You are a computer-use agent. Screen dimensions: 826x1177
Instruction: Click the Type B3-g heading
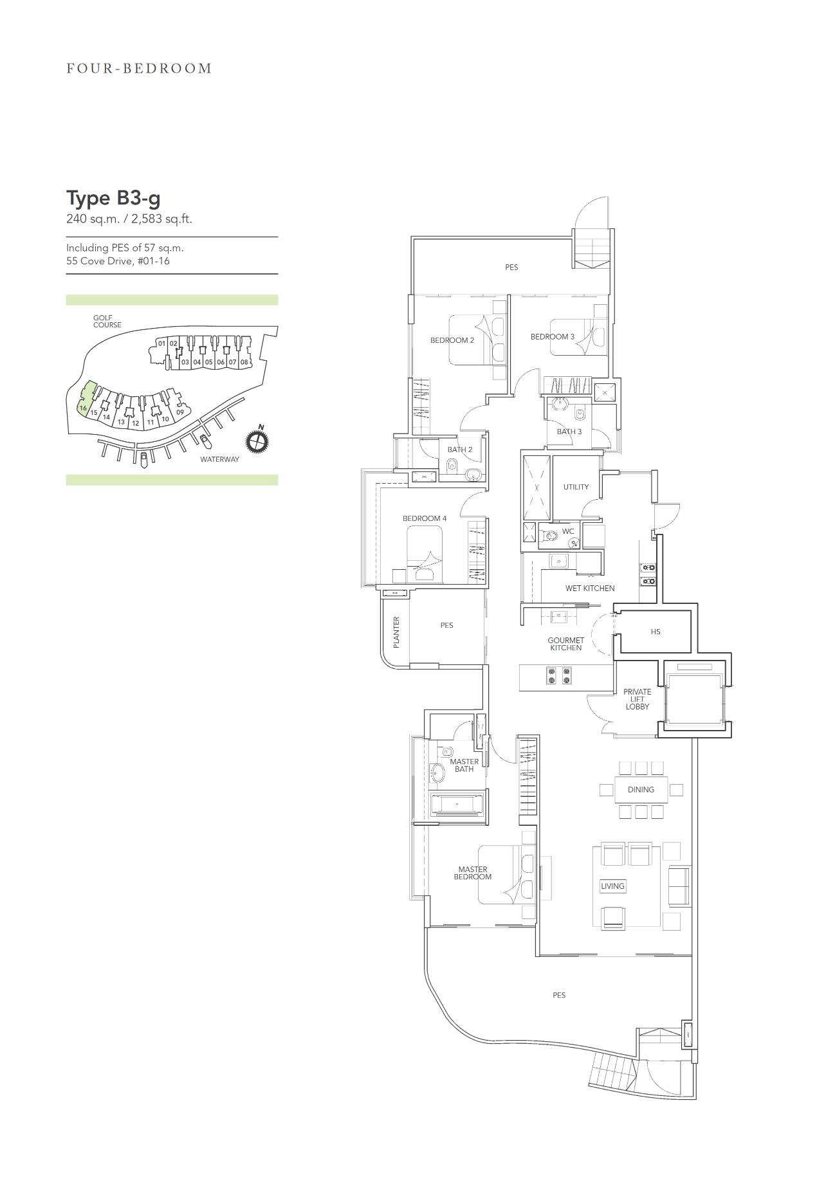(x=114, y=199)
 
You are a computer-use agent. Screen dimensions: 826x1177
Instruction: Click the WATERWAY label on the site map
(x=219, y=459)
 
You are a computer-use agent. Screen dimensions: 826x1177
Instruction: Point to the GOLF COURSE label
(x=107, y=322)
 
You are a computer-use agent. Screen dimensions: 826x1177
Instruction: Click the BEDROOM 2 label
(x=452, y=340)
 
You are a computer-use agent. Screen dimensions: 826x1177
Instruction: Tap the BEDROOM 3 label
(x=553, y=336)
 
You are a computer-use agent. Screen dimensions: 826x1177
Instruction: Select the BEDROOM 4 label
(x=425, y=518)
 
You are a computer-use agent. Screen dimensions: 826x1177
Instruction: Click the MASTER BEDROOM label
(x=473, y=873)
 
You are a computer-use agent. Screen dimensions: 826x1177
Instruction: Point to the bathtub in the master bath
(x=456, y=804)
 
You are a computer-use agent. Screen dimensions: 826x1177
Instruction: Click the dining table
(x=641, y=789)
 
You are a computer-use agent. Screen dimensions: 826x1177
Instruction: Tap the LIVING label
(x=612, y=886)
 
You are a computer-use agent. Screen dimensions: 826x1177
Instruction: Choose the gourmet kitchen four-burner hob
(x=558, y=675)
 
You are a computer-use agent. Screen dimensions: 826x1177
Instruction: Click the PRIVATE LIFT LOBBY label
(x=637, y=699)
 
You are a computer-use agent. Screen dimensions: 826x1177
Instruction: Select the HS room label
(x=656, y=632)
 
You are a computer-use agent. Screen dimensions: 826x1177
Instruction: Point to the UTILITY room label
(x=576, y=487)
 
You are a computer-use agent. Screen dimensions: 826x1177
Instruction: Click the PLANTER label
(x=396, y=632)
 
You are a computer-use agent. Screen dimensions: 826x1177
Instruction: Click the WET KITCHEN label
(x=590, y=588)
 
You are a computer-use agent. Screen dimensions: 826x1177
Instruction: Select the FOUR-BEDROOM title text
(x=139, y=68)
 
